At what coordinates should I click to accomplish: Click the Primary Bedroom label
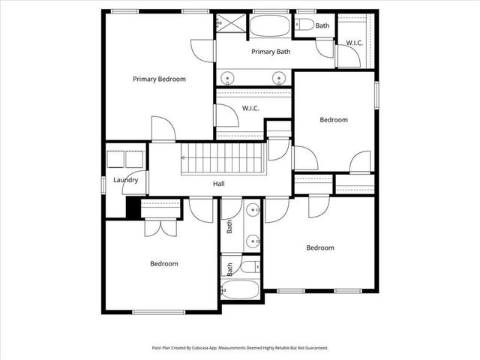click(159, 79)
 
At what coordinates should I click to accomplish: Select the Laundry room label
click(125, 180)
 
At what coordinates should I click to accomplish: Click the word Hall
click(219, 184)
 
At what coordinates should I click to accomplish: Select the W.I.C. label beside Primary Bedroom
click(250, 109)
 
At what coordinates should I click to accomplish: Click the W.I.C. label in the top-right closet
click(354, 43)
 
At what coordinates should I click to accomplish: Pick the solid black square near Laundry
click(133, 208)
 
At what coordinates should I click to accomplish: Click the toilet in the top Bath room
click(304, 25)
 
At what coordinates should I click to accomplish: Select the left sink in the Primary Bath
click(226, 77)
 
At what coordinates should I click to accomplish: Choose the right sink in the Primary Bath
click(279, 77)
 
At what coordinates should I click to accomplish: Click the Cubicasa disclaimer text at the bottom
click(240, 347)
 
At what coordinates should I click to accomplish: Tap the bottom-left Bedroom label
click(163, 263)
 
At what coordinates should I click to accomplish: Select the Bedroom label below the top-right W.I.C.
click(334, 120)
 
